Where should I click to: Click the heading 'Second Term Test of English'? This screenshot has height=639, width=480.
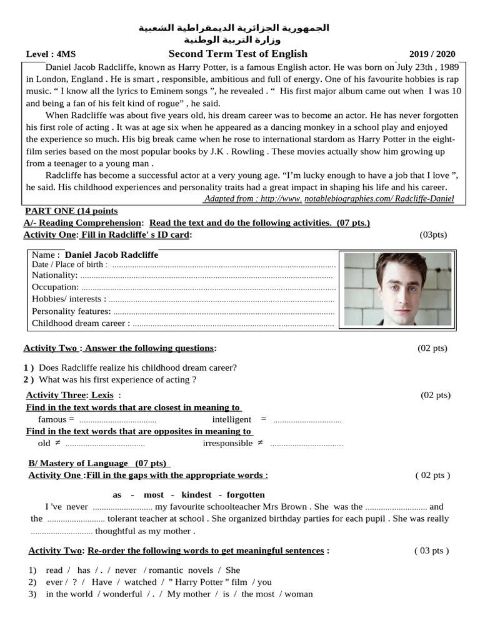tap(237, 54)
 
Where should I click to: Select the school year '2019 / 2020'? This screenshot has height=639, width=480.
tap(432, 54)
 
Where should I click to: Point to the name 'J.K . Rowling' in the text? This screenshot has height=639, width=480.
tap(242, 152)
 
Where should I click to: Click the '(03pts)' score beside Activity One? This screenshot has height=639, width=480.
tap(433, 235)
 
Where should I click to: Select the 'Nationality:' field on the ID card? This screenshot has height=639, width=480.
tap(55, 275)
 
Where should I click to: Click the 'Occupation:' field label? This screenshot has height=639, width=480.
tap(56, 287)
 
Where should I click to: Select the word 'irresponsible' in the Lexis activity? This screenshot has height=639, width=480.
tap(227, 443)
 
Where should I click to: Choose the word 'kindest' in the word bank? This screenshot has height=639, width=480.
tap(196, 495)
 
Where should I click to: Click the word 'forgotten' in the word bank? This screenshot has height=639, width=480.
tap(246, 495)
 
